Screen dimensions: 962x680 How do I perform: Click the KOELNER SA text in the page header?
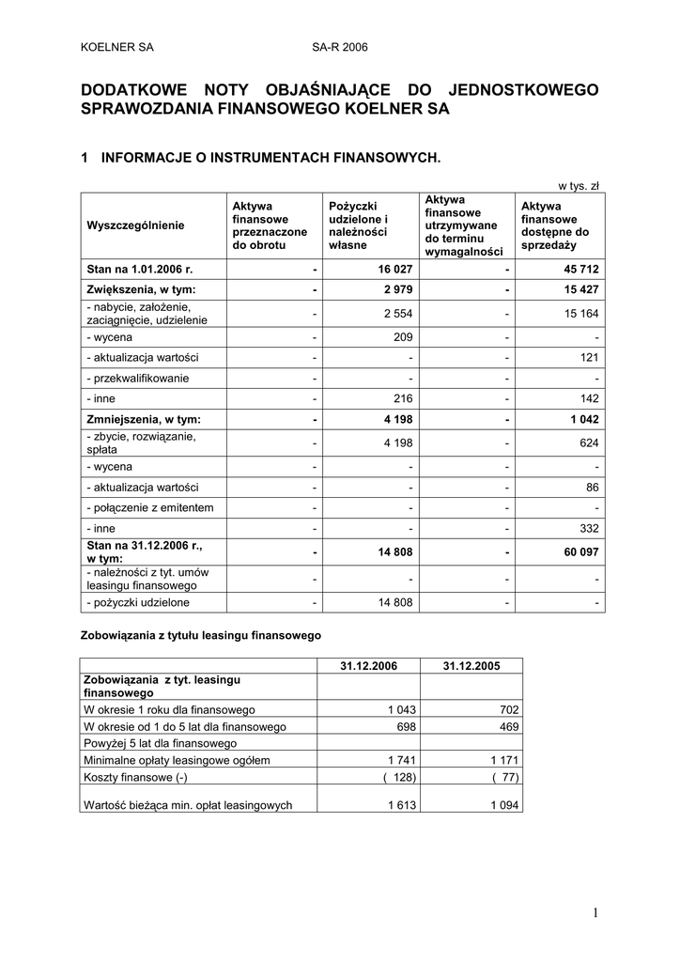(x=117, y=46)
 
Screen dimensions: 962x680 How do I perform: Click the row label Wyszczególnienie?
(x=136, y=225)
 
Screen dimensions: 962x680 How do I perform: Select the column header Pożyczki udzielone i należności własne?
(x=353, y=225)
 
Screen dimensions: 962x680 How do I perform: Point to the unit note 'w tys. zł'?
(x=581, y=186)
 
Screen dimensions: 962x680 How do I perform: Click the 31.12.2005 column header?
(x=471, y=665)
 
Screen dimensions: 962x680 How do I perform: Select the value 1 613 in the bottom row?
(x=399, y=804)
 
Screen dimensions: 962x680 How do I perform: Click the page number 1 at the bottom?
(x=595, y=913)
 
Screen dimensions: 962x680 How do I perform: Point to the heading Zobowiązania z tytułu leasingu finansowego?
(x=200, y=635)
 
